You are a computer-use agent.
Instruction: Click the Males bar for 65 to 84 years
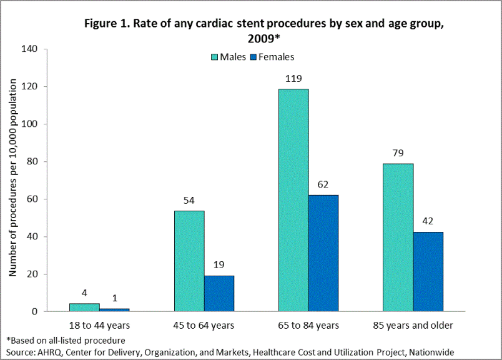pos(293,200)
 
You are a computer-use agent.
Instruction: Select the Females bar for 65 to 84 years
pos(323,253)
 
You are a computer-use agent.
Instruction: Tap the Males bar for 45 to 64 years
pos(189,261)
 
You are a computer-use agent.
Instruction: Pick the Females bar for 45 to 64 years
pos(219,293)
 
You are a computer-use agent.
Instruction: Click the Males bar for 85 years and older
pos(398,237)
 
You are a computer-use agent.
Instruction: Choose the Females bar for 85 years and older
pos(428,272)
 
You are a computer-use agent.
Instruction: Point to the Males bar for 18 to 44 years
pos(84,307)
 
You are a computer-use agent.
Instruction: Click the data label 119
pos(293,79)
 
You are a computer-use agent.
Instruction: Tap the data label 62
pos(323,185)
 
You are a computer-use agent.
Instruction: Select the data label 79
pos(398,154)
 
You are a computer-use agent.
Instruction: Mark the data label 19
pos(219,266)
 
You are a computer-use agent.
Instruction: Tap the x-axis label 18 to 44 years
pos(100,326)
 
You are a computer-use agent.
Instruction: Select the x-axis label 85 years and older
pos(413,326)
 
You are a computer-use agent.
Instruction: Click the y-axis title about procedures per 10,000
pos(12,181)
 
